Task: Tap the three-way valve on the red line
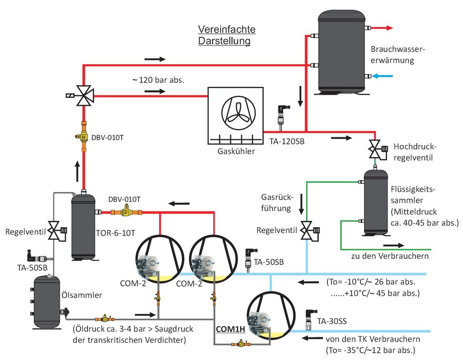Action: pyautogui.click(x=84, y=95)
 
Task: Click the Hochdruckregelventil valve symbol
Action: pyautogui.click(x=375, y=148)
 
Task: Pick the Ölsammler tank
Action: pyautogui.click(x=47, y=302)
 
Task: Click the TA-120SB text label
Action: pyautogui.click(x=287, y=142)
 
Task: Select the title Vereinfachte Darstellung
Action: pyautogui.click(x=227, y=35)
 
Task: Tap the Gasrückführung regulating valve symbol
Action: pyautogui.click(x=308, y=230)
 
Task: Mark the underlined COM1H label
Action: pyautogui.click(x=230, y=329)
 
